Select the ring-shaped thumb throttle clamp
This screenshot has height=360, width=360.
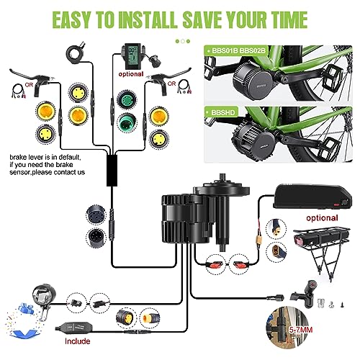[x=73, y=53]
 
